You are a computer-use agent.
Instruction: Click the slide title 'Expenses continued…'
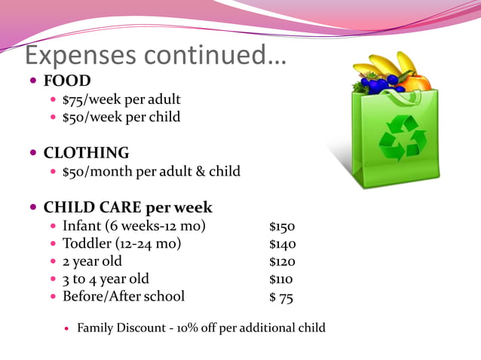tap(156, 55)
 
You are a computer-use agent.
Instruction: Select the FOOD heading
tap(67, 81)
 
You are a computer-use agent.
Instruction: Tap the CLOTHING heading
tap(86, 153)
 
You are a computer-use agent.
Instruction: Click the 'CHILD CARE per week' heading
tap(127, 207)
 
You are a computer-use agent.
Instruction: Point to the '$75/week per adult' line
tap(121, 99)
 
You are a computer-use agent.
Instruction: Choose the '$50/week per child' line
tap(121, 117)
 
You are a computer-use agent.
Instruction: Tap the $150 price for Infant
tap(282, 227)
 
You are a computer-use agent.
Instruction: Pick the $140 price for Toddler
tap(282, 244)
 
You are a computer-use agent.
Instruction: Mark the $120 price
tap(282, 262)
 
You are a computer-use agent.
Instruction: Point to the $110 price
tap(281, 279)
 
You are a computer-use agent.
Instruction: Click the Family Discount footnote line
tap(201, 328)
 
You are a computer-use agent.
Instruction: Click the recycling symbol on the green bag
tap(402, 138)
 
